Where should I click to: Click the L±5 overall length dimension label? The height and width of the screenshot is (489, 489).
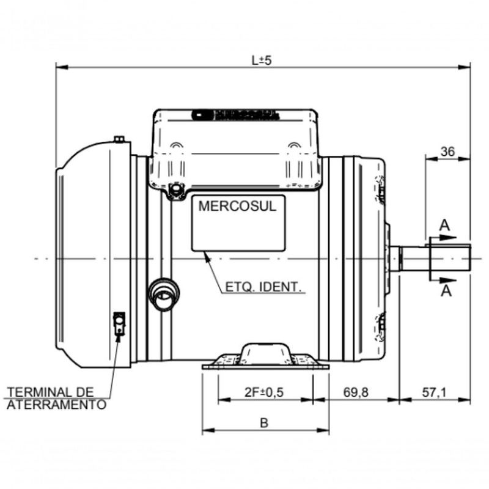tap(261, 61)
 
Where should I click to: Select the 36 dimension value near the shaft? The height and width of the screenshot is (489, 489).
tap(447, 152)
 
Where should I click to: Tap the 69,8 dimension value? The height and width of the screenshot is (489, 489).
tap(356, 392)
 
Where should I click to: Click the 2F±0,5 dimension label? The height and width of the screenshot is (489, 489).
tap(263, 392)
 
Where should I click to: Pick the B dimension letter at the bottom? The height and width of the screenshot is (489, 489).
tap(264, 422)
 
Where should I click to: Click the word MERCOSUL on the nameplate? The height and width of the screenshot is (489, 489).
tap(237, 206)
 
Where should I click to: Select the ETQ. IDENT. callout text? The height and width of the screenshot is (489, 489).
tap(265, 286)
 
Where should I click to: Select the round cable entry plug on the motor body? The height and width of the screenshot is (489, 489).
tap(164, 294)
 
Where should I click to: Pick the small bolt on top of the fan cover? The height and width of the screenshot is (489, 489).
tap(119, 139)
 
